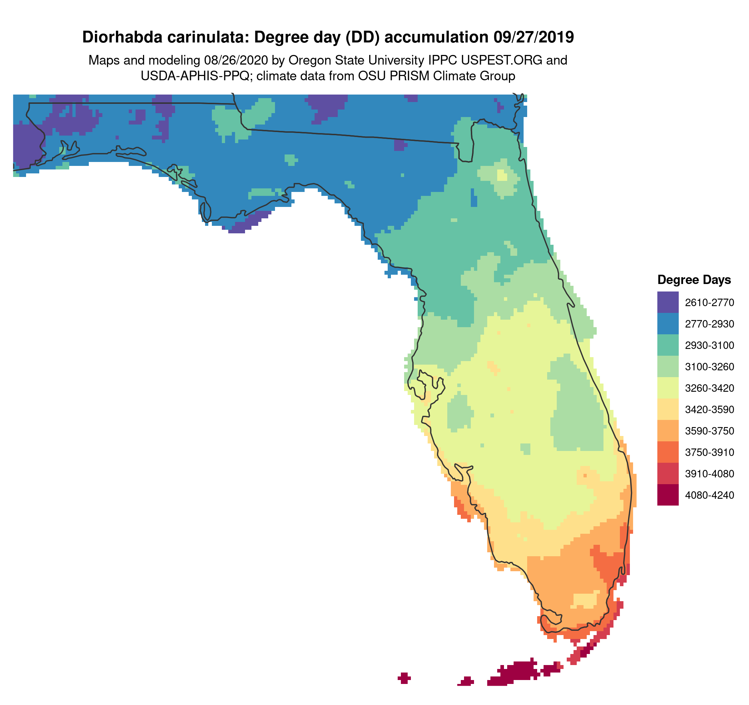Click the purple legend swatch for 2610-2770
point(668,302)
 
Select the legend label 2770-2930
point(709,324)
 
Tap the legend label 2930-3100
point(709,345)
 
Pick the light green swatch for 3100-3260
point(668,366)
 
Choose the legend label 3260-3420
point(709,388)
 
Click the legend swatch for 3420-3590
point(668,409)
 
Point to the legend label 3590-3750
point(709,431)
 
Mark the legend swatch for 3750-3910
point(668,452)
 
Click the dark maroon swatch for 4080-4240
point(668,495)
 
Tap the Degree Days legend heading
point(694,280)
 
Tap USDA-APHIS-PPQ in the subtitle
point(195,76)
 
